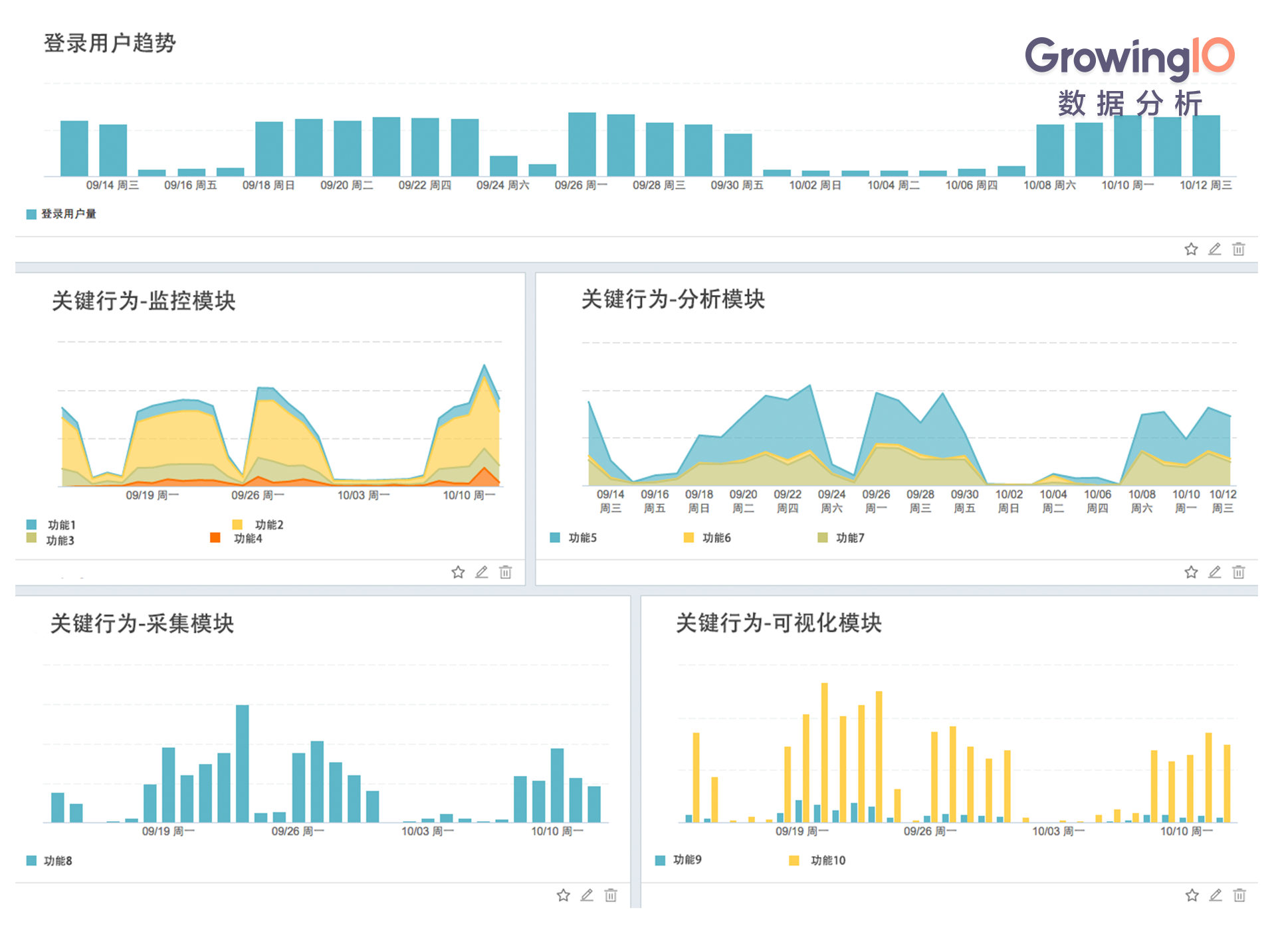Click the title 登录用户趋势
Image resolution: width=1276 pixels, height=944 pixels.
point(110,43)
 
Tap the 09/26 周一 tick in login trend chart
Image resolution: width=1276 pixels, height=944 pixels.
point(581,185)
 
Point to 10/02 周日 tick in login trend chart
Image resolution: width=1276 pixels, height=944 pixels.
point(815,185)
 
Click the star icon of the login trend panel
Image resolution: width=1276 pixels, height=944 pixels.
point(1190,249)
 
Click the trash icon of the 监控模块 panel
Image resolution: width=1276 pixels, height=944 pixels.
point(505,572)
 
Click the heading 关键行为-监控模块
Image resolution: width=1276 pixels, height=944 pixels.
point(144,301)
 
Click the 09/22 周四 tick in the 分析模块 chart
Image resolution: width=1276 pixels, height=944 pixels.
point(788,501)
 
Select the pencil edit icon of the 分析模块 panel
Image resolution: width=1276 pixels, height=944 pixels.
point(1214,572)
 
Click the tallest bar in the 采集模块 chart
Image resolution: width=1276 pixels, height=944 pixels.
point(243,764)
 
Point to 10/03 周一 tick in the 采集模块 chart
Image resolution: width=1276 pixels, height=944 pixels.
point(427,832)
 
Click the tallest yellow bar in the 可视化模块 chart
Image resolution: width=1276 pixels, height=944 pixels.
point(825,751)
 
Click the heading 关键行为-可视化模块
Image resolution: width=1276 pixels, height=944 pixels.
point(778,623)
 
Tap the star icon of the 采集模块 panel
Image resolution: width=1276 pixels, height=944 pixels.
point(563,896)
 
